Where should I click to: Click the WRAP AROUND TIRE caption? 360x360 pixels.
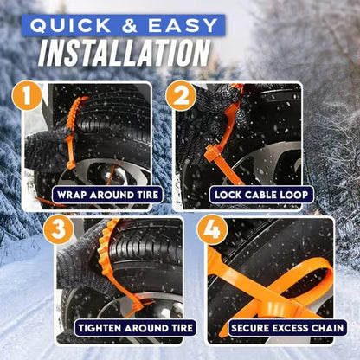tap(106, 195)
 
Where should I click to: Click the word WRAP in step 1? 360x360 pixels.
tap(74, 195)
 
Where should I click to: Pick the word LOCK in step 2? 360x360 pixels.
tap(227, 195)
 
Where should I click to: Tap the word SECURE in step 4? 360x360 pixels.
tap(252, 329)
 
